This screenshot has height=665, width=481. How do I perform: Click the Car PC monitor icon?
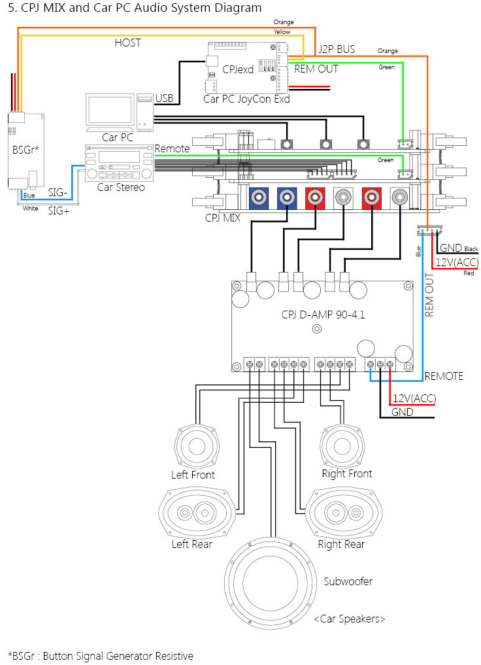point(110,111)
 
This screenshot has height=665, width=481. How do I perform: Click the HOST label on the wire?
point(127,43)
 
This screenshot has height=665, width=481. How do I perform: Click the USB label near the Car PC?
point(165,99)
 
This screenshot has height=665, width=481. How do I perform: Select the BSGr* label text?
point(26,149)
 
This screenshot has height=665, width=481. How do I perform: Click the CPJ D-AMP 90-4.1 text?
point(323,315)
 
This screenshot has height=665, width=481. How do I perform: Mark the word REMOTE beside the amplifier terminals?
point(444,376)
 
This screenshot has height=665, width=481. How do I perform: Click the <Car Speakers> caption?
point(349,619)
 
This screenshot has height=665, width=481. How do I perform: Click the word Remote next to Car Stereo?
point(172,149)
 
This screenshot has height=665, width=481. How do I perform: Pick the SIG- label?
point(59,193)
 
